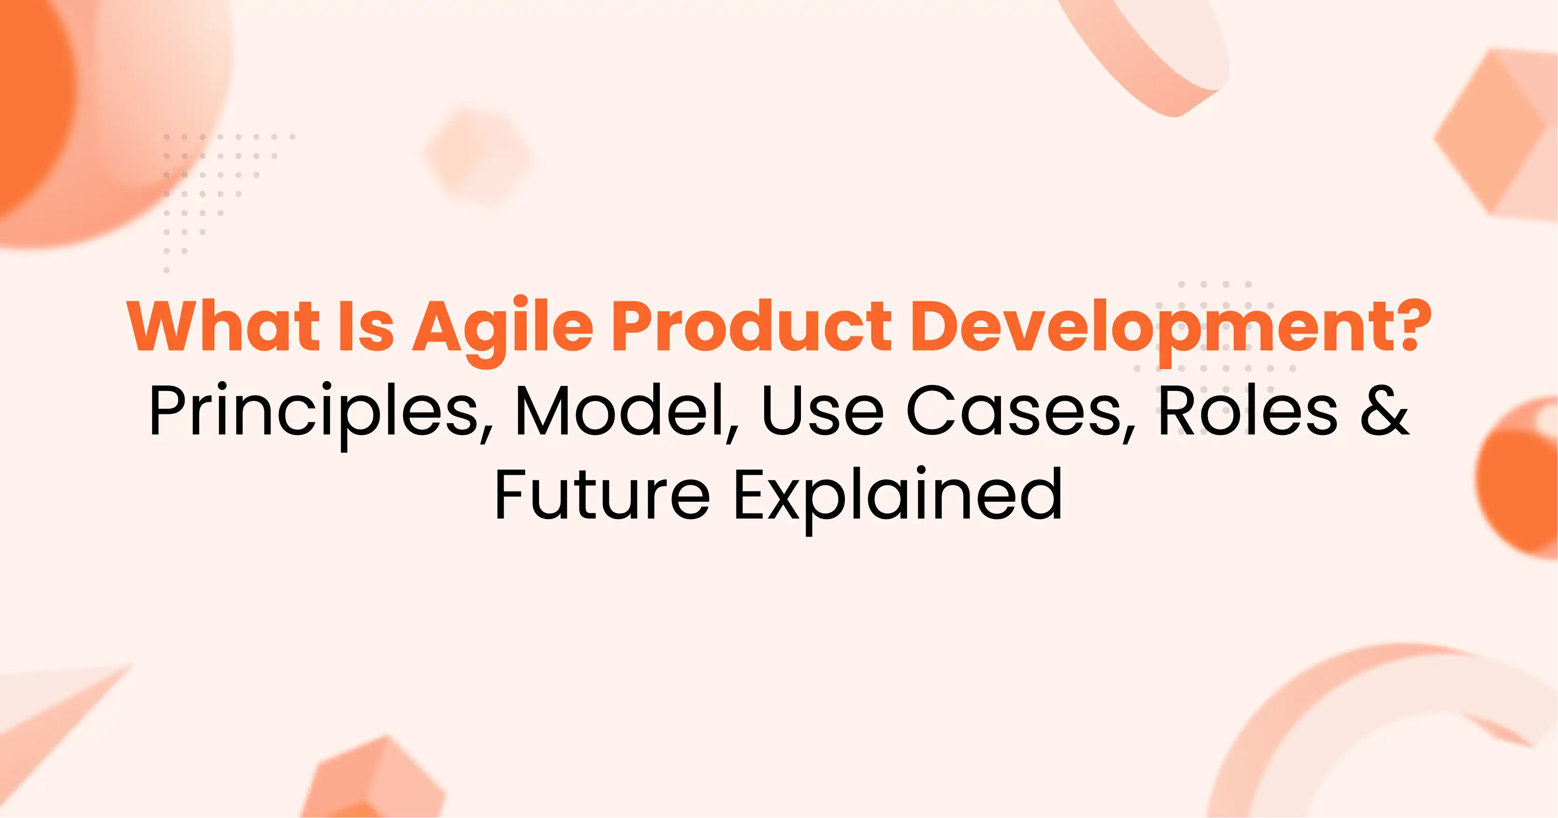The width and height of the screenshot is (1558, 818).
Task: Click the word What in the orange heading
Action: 222,327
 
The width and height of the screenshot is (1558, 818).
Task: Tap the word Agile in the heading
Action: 502,329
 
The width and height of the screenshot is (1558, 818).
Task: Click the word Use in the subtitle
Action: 822,411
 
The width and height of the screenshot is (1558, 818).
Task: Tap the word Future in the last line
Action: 602,496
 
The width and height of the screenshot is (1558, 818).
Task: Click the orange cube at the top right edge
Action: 1500,133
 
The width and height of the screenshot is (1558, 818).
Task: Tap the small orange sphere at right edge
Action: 1521,477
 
